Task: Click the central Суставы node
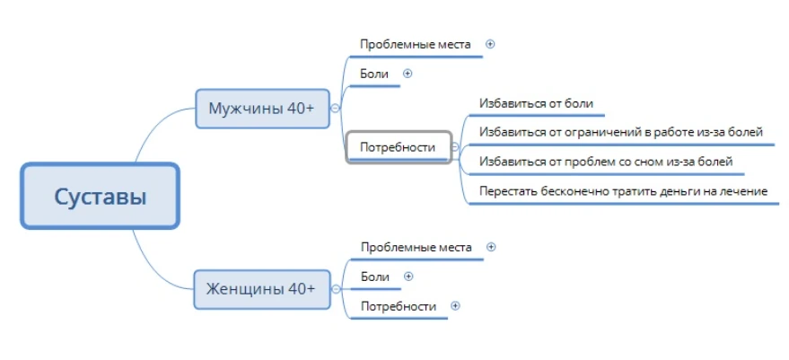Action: [101, 196]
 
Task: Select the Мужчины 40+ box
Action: [262, 109]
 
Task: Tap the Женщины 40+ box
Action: [262, 289]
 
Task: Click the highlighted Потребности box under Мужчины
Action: [398, 147]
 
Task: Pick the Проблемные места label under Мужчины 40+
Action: [416, 44]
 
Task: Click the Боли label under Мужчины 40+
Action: [374, 74]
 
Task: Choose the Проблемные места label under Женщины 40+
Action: [416, 247]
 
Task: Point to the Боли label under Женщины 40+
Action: [375, 277]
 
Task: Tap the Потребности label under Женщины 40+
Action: [399, 306]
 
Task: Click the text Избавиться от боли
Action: [537, 103]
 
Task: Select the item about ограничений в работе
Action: [621, 132]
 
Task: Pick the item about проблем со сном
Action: [606, 162]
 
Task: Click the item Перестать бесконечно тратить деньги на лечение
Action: [624, 191]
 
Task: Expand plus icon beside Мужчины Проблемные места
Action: [490, 44]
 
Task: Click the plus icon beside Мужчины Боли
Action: [408, 74]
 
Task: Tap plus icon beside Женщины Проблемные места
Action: [492, 247]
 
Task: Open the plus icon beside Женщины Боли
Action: [408, 276]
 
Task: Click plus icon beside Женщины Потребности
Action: [455, 305]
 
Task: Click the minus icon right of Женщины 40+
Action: [336, 289]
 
